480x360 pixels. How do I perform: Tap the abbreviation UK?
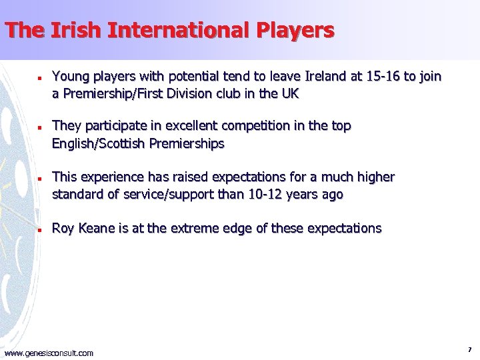pyautogui.click(x=290, y=94)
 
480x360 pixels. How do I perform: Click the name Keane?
pyautogui.click(x=97, y=229)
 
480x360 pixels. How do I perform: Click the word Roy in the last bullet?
pyautogui.click(x=63, y=229)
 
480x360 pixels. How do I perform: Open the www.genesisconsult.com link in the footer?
pyautogui.click(x=49, y=353)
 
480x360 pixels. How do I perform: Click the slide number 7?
pyautogui.click(x=470, y=349)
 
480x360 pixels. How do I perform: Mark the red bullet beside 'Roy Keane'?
pyautogui.click(x=41, y=229)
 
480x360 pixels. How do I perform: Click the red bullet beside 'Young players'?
pyautogui.click(x=41, y=77)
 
